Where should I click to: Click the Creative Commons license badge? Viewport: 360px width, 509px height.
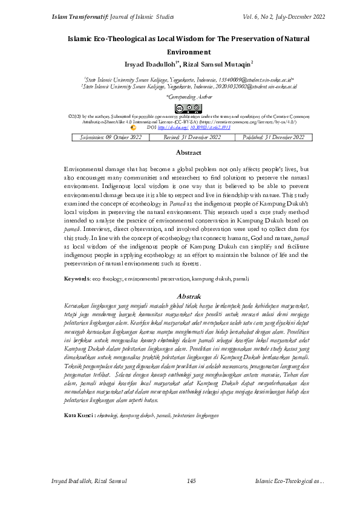[x=188, y=108]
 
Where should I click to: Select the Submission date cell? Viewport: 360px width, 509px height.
[x=111, y=137]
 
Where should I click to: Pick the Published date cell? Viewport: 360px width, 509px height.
[x=273, y=137]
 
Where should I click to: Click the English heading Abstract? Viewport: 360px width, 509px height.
[x=188, y=153]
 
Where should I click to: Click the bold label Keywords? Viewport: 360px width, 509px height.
[x=77, y=277]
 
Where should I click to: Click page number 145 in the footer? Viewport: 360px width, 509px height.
[x=191, y=481]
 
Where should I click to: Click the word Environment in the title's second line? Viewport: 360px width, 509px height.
[x=188, y=52]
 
